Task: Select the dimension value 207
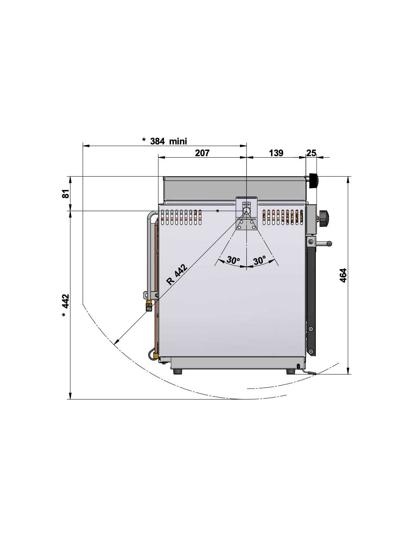click(202, 153)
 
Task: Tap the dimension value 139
click(276, 153)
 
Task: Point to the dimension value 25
click(311, 153)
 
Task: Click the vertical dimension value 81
click(65, 193)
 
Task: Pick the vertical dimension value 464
click(343, 275)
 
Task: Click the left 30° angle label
click(233, 260)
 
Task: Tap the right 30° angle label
click(259, 260)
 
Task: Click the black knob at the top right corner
click(313, 181)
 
